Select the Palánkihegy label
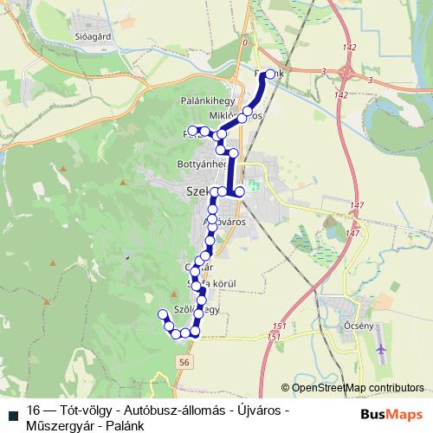click(204, 101)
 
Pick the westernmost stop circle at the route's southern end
click(162, 313)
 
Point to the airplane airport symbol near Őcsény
click(382, 349)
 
